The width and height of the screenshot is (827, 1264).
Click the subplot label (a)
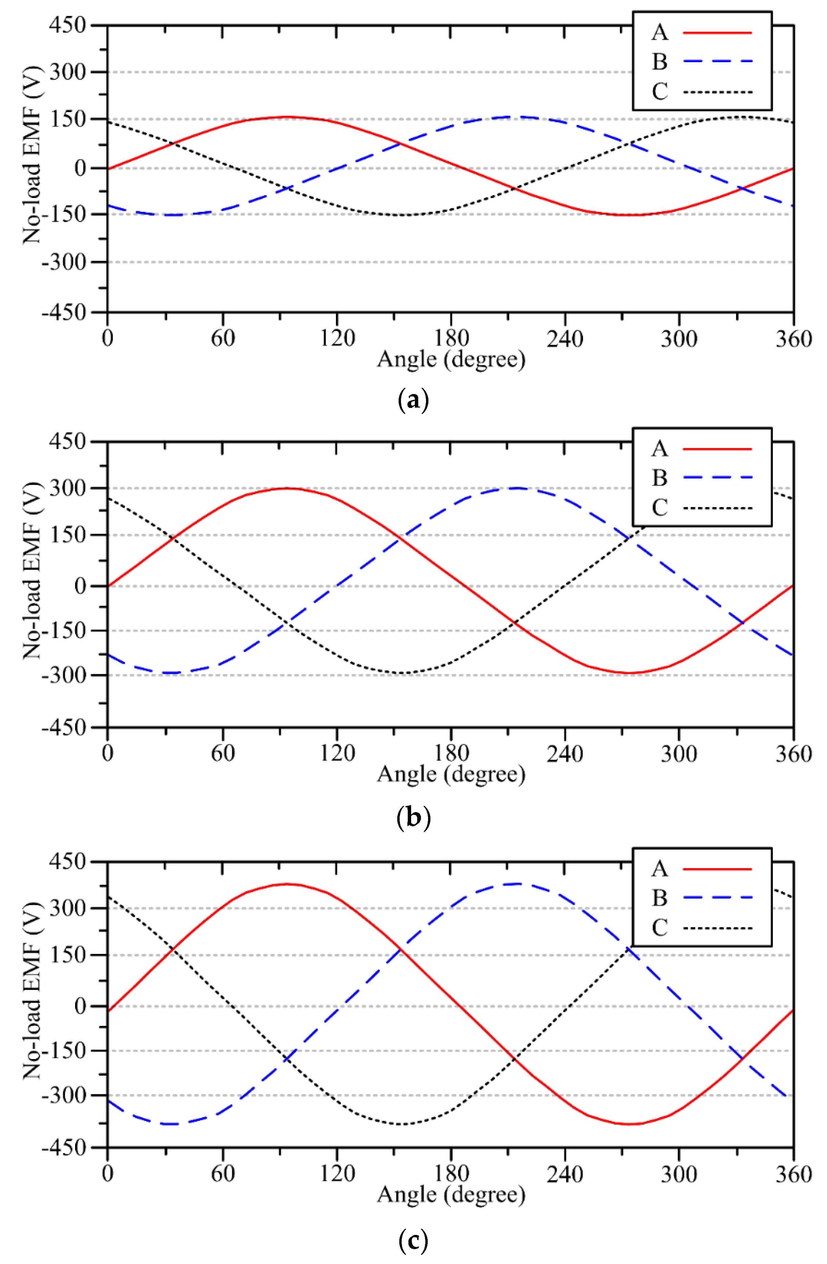pos(413,400)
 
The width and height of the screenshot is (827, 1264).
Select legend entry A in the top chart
pos(660,33)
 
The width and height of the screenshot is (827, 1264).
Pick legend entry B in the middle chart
pos(660,478)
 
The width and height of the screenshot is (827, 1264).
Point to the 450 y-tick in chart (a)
pos(67,25)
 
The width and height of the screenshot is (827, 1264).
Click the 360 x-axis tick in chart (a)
pos(793,338)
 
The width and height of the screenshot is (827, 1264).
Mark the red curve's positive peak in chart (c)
pos(287,884)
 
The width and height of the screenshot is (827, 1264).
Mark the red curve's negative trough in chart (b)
pos(629,673)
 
